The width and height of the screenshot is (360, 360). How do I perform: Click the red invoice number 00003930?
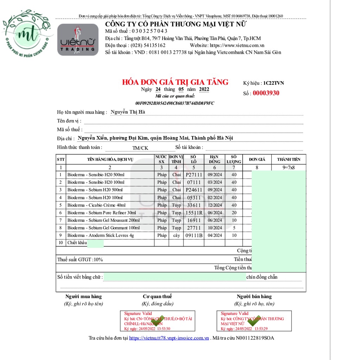[x=266, y=93]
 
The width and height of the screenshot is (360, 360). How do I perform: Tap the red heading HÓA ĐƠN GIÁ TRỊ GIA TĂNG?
[x=175, y=82]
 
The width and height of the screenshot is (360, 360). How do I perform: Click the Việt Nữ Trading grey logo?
[x=78, y=40]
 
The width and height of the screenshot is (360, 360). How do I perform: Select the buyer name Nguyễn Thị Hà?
[x=128, y=112]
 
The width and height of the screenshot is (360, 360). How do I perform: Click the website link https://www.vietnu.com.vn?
[x=237, y=45]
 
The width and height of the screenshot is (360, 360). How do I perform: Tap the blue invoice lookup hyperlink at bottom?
[x=169, y=338]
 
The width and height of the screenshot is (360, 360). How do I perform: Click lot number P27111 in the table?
[x=194, y=175]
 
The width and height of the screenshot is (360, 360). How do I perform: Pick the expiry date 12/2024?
[x=215, y=205]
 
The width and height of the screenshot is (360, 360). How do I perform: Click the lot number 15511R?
[x=194, y=213]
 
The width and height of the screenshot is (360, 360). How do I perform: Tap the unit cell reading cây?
[x=176, y=236]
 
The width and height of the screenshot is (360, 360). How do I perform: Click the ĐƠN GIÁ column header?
[x=257, y=159]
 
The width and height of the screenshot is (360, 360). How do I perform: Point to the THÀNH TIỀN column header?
[x=288, y=159]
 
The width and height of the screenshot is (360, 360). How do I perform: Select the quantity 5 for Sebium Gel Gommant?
[x=234, y=228]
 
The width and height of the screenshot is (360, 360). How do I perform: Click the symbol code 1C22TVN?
[x=274, y=83]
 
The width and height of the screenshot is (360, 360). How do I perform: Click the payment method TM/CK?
[x=140, y=148]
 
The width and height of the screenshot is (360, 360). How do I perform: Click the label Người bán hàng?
[x=254, y=296]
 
